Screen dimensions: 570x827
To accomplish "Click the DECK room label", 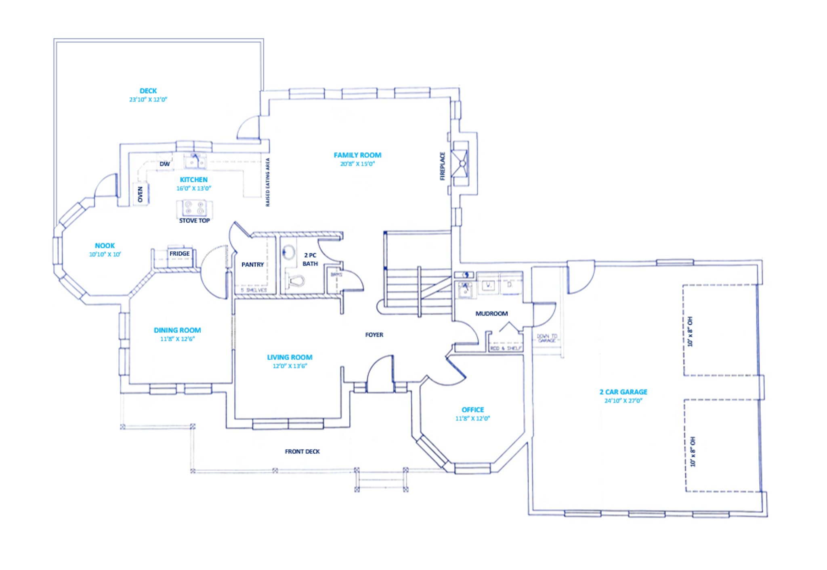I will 148,91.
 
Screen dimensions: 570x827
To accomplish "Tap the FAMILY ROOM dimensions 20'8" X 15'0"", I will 357,164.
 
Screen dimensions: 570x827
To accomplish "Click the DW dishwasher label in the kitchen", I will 164,164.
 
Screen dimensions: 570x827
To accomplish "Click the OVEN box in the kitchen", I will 140,194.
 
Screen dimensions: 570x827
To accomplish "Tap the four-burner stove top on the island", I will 194,208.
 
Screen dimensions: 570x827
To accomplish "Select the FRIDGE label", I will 179,254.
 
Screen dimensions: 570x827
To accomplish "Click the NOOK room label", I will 105,246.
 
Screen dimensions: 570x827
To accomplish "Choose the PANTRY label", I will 252,265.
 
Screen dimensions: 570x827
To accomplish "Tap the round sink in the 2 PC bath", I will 288,252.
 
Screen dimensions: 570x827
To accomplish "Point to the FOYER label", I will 374,335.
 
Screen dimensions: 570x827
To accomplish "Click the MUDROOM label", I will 491,313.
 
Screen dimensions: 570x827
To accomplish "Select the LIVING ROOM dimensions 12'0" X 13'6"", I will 290,366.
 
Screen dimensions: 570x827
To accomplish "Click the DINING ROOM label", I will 177,330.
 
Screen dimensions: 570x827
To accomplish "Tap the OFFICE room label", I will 472,410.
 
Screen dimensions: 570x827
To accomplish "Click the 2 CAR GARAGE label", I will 623,392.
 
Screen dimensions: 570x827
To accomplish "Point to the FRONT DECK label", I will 302,452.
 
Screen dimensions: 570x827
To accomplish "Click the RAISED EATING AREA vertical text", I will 268,182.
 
